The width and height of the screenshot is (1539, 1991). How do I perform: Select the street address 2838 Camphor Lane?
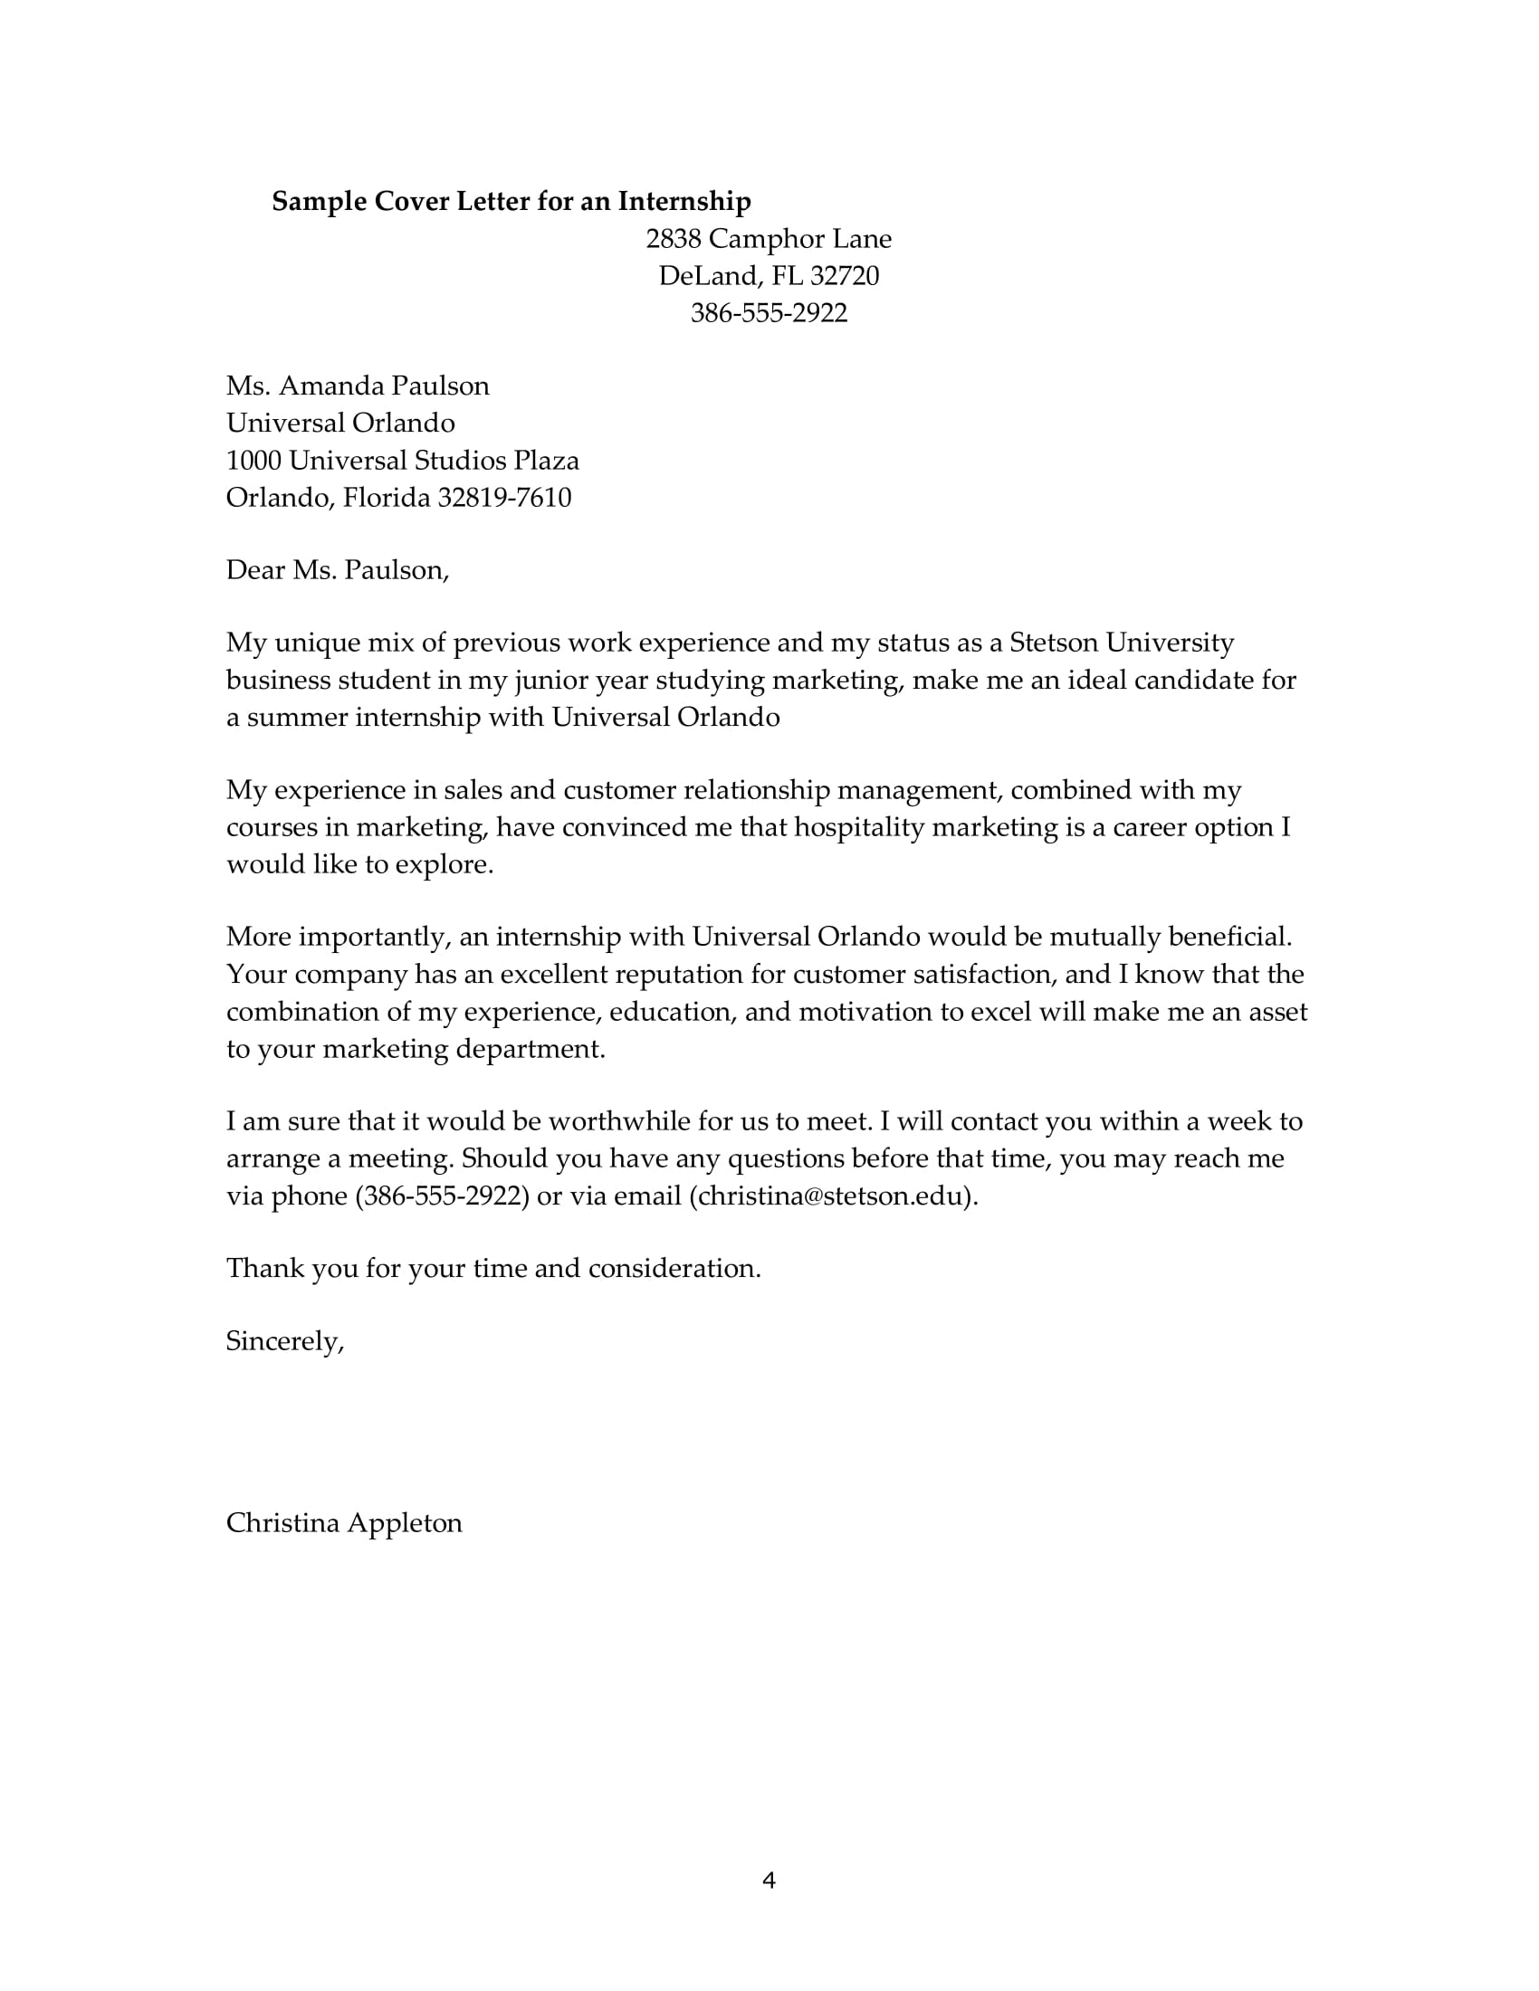(x=769, y=239)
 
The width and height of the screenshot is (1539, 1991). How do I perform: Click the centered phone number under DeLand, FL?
(x=769, y=314)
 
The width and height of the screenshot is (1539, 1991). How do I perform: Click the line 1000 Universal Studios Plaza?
(x=402, y=461)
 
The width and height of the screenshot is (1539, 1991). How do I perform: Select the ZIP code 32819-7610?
(x=504, y=498)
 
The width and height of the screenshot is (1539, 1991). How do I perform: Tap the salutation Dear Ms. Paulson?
(x=337, y=571)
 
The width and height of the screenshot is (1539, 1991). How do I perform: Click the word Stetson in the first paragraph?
(x=1053, y=643)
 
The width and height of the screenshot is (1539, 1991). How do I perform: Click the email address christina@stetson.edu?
(x=829, y=1196)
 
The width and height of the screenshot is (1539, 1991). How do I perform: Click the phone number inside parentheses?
(x=442, y=1196)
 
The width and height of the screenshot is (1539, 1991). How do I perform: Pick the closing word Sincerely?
(x=283, y=1342)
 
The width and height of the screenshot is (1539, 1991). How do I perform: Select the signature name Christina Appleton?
(x=344, y=1523)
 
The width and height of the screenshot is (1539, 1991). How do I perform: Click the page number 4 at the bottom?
(x=769, y=1881)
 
